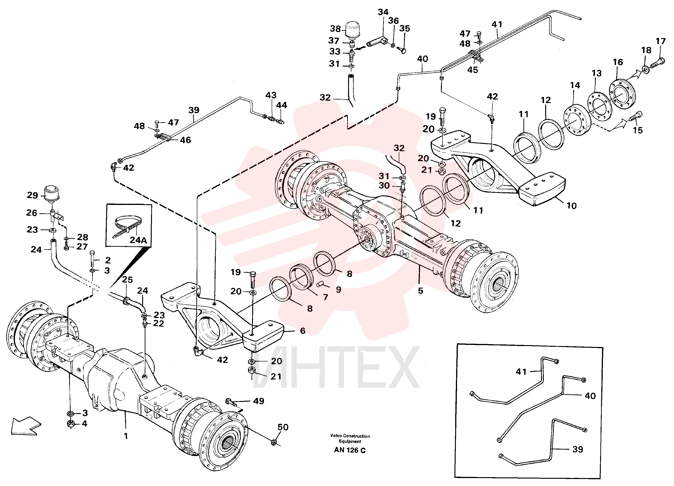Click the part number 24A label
(x=138, y=240)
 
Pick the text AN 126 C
(x=350, y=450)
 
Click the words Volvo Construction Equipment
(x=350, y=439)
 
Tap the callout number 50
(x=283, y=427)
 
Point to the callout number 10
(x=571, y=206)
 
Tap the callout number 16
(x=618, y=62)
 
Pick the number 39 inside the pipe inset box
(x=578, y=449)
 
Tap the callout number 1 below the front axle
(x=126, y=436)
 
